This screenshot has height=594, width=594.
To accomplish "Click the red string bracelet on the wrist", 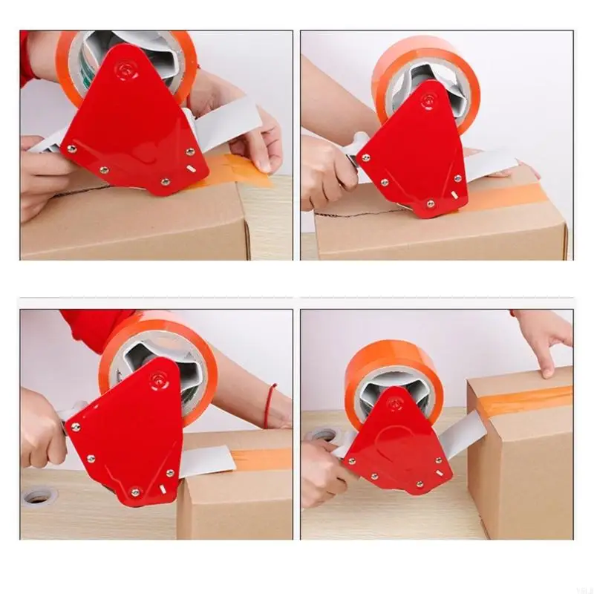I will (x=269, y=405).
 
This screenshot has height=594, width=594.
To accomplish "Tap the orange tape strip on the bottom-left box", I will (x=260, y=459).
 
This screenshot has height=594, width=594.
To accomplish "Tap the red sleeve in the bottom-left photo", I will (x=93, y=327).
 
